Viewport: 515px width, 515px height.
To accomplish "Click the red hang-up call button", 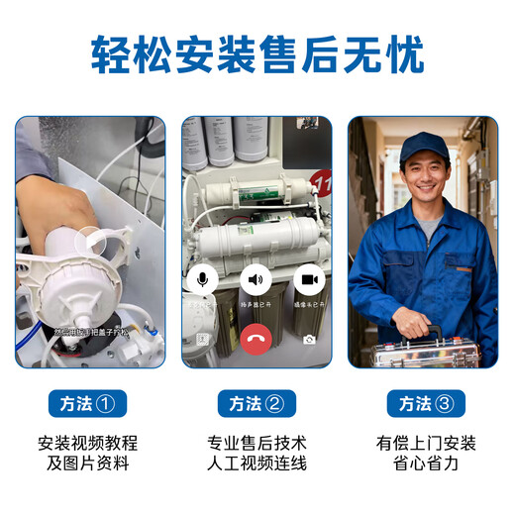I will (257, 340).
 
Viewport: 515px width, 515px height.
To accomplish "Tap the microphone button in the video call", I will (203, 280).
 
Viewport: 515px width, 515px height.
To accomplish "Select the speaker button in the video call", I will (257, 280).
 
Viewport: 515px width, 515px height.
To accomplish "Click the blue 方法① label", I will (88, 403).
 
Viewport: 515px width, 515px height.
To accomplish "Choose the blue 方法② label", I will (257, 403).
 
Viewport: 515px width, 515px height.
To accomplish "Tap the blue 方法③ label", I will (425, 403).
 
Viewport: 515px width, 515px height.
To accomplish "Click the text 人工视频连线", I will (257, 463).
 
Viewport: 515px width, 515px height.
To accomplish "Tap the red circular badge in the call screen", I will (321, 182).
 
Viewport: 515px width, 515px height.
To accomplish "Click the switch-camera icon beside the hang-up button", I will (310, 340).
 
